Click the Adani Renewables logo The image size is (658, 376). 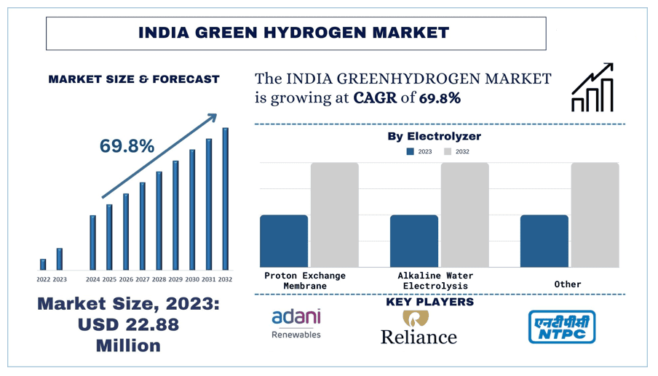296,324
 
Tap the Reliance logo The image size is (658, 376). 419,328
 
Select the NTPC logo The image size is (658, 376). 561,327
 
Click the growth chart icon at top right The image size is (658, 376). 592,88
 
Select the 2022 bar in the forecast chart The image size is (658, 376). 43,264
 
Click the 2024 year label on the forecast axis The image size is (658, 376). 92,279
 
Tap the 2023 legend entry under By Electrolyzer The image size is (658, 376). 419,152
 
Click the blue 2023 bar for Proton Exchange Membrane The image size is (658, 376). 284,241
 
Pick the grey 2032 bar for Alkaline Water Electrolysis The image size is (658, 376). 464,215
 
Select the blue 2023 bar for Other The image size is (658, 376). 544,241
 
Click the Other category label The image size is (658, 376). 568,284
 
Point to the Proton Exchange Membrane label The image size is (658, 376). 304,281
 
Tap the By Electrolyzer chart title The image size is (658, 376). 434,136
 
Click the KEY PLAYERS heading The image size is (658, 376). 429,302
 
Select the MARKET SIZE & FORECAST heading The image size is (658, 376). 134,79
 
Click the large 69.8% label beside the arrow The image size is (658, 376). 127,146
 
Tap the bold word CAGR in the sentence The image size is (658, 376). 374,98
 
